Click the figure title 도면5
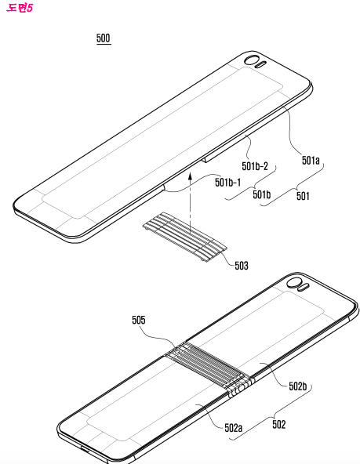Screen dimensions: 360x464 (x=19, y=8)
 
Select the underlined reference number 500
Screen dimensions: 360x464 (x=104, y=38)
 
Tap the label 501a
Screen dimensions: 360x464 (x=311, y=160)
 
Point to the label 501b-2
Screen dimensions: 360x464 (x=255, y=166)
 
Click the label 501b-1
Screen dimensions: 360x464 (x=227, y=183)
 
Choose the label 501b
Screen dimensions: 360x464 (x=261, y=194)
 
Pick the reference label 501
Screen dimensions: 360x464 (x=303, y=196)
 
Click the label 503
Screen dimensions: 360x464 (x=242, y=266)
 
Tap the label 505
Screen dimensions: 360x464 (x=139, y=320)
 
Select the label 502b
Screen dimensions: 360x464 (x=298, y=386)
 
